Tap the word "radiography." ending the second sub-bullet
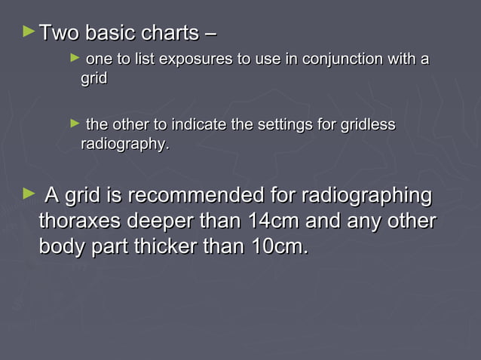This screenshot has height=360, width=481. click(125, 144)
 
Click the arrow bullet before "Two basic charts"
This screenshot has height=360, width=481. click(29, 32)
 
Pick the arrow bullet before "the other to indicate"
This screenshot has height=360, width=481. click(74, 123)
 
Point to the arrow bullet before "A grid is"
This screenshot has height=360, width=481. click(29, 195)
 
